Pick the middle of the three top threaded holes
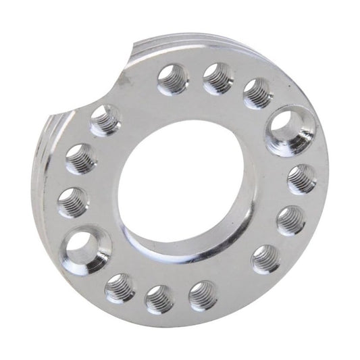(217, 78)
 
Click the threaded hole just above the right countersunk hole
(258, 93)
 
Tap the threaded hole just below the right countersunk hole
(302, 179)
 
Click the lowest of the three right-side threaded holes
(265, 258)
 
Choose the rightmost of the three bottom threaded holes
(203, 295)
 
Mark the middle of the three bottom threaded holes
(160, 298)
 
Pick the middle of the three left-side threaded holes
(80, 159)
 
